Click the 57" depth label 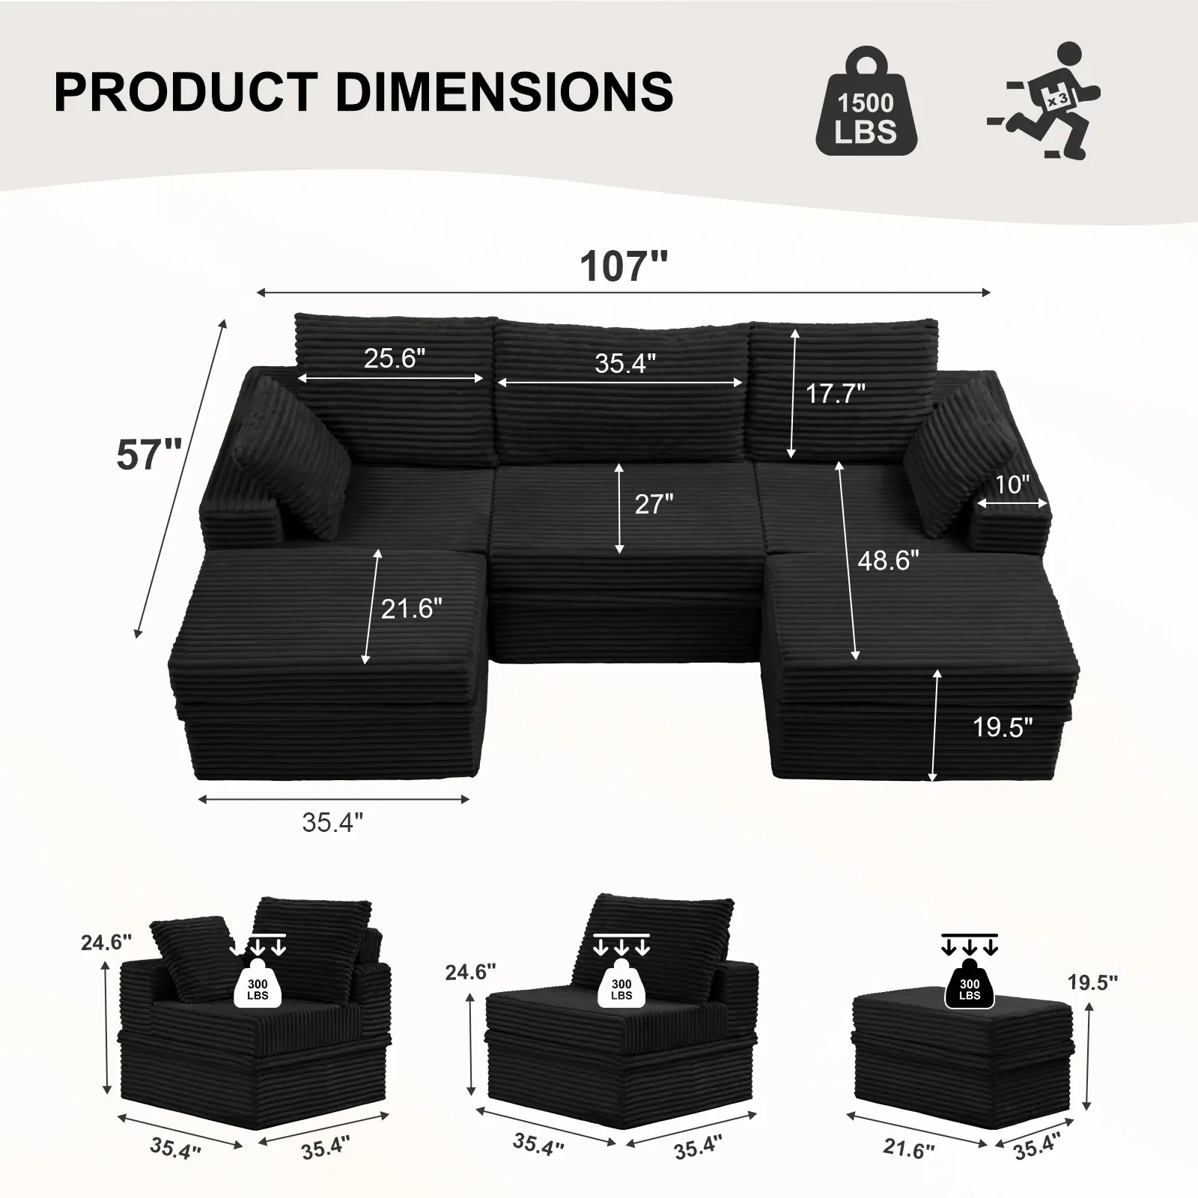click(x=149, y=454)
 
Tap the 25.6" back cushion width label click(x=394, y=358)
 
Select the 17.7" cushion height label click(x=835, y=392)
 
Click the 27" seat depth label click(x=654, y=504)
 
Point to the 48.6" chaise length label click(x=888, y=560)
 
